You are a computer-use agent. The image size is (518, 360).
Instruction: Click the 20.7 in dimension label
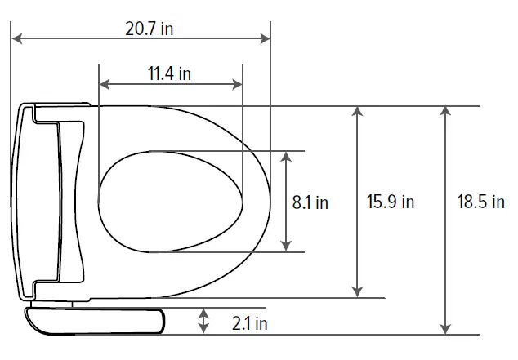coord(149,28)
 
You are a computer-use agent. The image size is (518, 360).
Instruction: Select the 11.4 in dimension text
coord(169,73)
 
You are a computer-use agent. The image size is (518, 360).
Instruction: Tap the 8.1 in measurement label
coord(310,202)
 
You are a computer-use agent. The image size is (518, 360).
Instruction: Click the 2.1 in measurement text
coord(249,323)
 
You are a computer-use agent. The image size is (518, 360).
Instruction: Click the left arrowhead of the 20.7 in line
coord(16,38)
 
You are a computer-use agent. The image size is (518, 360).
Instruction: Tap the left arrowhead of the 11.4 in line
coord(103,83)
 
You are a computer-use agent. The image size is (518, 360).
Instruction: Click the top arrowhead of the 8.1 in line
coord(285,156)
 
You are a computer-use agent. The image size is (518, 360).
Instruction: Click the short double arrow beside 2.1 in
coord(204,321)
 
